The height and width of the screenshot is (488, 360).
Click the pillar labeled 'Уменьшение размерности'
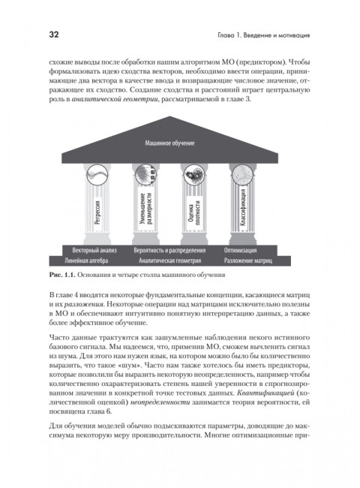click(x=145, y=211)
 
